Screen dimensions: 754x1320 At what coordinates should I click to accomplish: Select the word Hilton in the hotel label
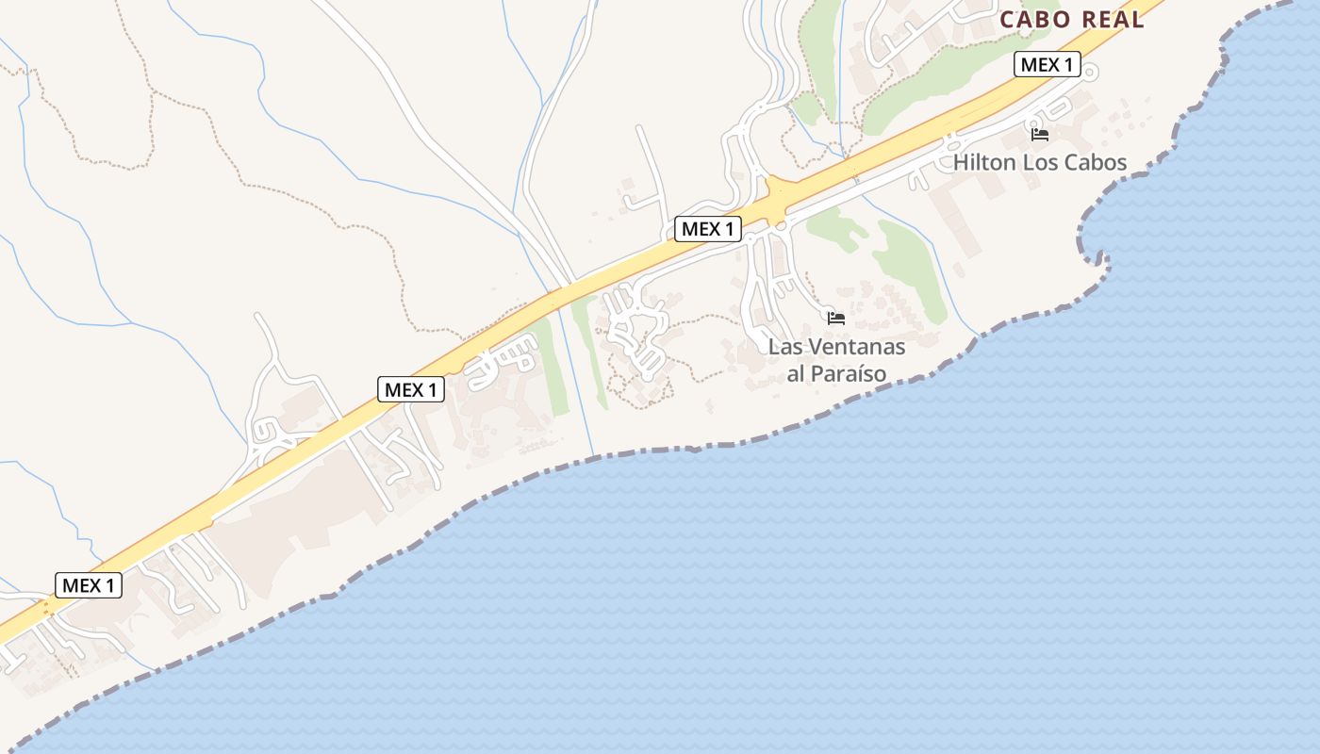click(x=984, y=162)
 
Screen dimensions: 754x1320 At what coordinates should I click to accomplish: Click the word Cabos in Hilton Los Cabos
click(x=1096, y=162)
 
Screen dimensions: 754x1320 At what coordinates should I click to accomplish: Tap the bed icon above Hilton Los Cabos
click(x=1040, y=135)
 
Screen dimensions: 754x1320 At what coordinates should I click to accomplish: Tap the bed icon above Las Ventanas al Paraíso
click(x=836, y=319)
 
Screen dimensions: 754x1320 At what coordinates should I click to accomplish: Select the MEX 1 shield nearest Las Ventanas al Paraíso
click(x=708, y=228)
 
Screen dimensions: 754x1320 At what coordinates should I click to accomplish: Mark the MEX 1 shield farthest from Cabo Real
click(x=89, y=585)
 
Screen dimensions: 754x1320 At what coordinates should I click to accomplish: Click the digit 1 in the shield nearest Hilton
click(x=1067, y=64)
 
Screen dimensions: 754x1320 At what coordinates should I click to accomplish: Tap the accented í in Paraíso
click(x=865, y=373)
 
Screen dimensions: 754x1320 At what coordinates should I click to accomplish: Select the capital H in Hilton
click(x=961, y=162)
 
